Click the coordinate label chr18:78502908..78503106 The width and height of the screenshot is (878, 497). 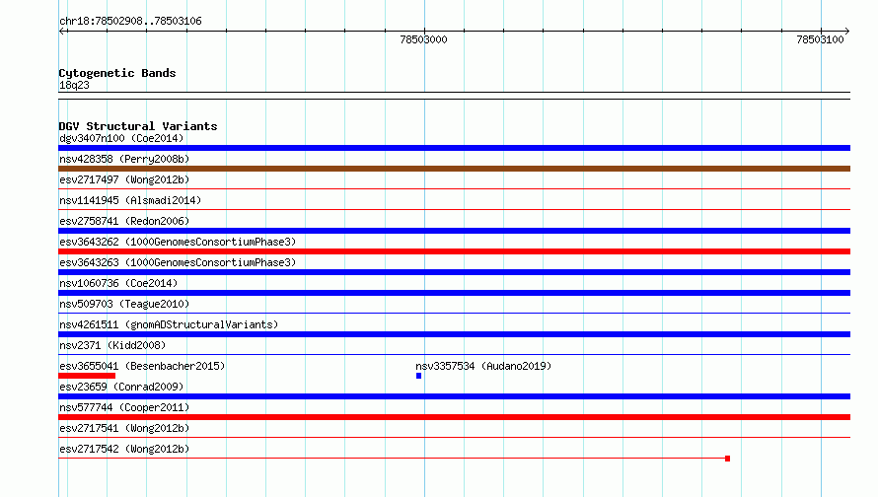[130, 22]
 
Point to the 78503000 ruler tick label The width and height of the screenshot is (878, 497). [423, 39]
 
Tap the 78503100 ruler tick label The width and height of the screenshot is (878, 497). [820, 39]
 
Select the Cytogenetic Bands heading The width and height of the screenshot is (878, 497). [117, 73]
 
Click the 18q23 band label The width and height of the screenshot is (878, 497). [74, 85]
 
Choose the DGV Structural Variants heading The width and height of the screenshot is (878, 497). [138, 126]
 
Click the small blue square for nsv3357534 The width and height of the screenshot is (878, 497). [419, 376]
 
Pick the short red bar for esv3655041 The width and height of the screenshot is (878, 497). [87, 376]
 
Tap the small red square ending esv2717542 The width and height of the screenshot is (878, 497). [727, 459]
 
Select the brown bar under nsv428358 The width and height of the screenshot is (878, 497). [454, 169]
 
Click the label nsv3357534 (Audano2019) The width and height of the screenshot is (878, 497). [483, 366]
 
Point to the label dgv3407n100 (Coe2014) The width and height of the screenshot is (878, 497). [121, 138]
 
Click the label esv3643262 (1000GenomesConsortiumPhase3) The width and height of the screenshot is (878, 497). [178, 242]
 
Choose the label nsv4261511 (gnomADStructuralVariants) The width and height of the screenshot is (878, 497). [169, 324]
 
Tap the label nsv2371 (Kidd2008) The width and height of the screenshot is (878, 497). [112, 345]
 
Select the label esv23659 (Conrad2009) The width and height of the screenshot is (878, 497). [121, 387]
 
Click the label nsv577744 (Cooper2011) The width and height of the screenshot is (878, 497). [124, 407]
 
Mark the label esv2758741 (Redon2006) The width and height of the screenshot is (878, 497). [124, 221]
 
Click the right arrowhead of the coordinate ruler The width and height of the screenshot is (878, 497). [848, 32]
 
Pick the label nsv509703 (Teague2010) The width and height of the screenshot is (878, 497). [124, 304]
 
